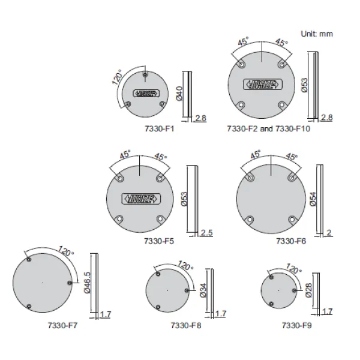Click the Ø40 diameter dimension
[x=179, y=93]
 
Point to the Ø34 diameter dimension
[x=203, y=290]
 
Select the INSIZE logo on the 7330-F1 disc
[x=146, y=93]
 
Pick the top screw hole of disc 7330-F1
[x=146, y=75]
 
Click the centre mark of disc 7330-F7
[x=42, y=282]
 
